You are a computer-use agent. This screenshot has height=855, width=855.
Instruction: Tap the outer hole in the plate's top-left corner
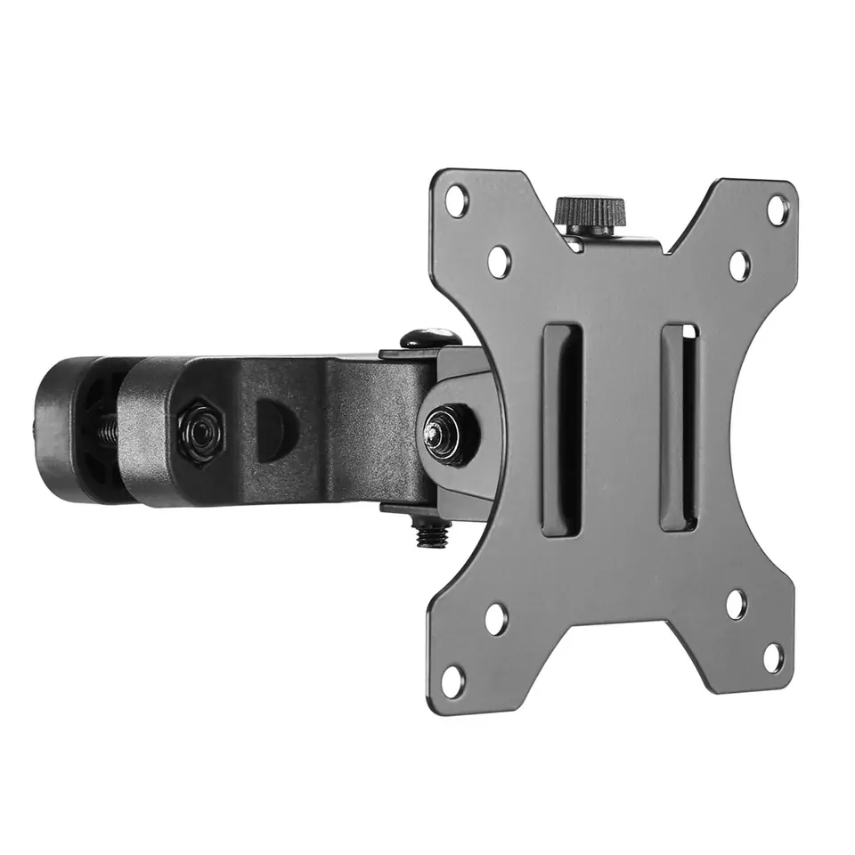pos(457,200)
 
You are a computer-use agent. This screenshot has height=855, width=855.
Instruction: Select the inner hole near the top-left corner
pos(500,261)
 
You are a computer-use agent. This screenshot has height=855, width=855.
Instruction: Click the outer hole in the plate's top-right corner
pos(778,210)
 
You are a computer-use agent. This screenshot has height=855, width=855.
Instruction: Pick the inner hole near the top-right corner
pos(739,265)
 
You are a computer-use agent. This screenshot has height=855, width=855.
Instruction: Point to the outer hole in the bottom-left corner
pos(452,681)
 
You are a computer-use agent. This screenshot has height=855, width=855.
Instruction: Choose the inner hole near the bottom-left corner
pos(496,618)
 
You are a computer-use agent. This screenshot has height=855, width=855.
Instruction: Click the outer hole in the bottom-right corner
pos(774,659)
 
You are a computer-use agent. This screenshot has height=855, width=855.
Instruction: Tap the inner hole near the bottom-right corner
pos(736,605)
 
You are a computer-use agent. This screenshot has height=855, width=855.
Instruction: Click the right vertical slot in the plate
pos(680,427)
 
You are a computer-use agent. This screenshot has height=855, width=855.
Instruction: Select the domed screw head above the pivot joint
pos(429,338)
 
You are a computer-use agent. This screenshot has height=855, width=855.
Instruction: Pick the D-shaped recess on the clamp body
pos(269,428)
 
